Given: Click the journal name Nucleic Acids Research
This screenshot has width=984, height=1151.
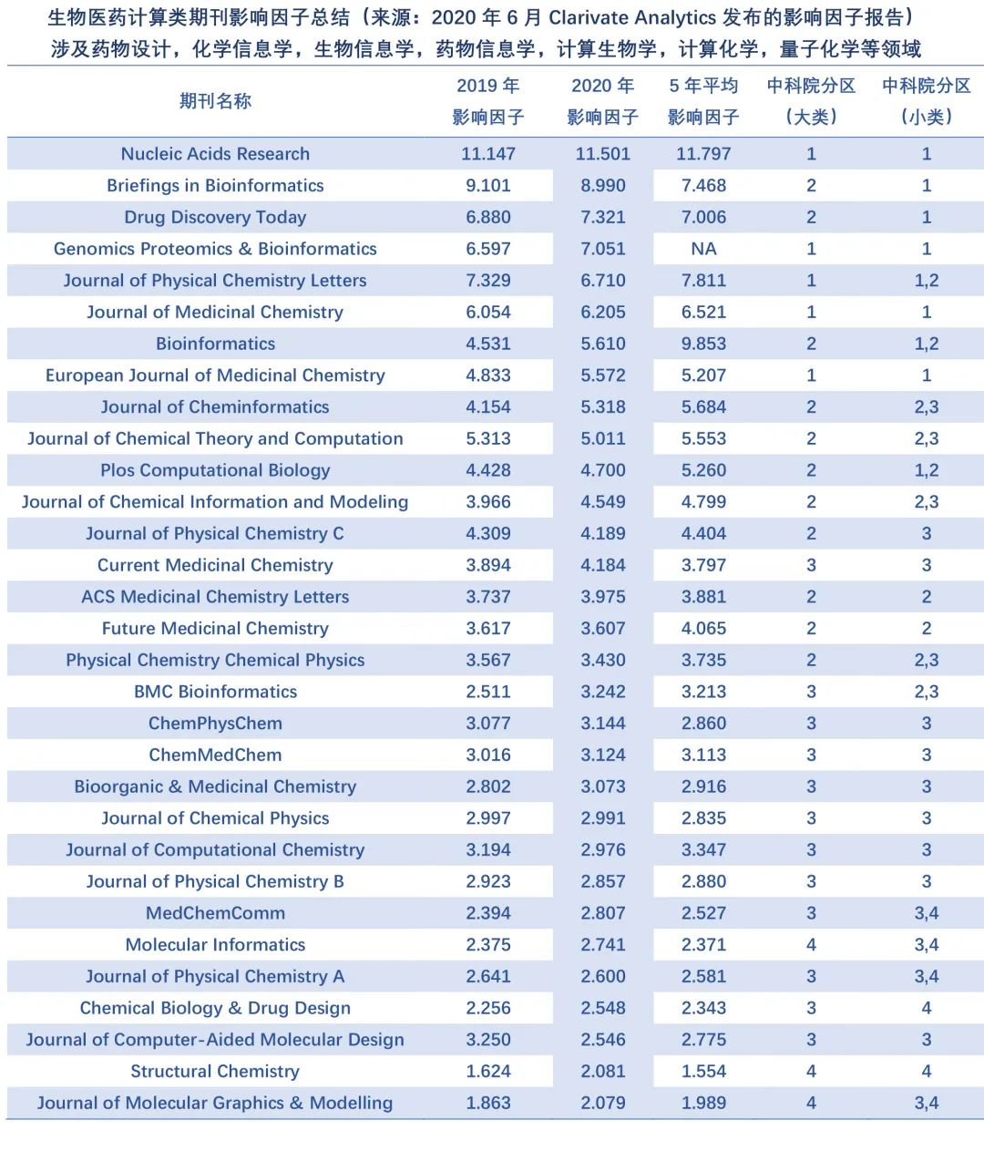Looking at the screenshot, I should click(x=215, y=154).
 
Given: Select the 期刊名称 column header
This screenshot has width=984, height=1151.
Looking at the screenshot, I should click(x=215, y=101).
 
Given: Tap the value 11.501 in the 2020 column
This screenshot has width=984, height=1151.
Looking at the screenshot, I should click(x=602, y=154).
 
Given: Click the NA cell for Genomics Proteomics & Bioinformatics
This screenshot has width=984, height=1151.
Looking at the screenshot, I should click(x=703, y=249).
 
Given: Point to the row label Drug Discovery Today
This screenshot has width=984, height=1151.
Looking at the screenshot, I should click(x=215, y=217).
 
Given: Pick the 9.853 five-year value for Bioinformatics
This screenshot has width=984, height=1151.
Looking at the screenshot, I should click(x=703, y=344).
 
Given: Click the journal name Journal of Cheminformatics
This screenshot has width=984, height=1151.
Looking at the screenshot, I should click(x=215, y=407).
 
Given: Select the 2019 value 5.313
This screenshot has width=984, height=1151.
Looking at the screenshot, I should click(x=488, y=438).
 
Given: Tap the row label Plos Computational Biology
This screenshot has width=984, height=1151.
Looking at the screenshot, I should click(x=215, y=470).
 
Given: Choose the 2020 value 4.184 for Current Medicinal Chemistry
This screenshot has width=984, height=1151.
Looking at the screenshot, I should click(x=602, y=565).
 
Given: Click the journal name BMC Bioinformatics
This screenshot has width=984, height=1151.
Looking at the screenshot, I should click(x=215, y=692).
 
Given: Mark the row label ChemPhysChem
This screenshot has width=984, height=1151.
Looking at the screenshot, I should click(x=215, y=724).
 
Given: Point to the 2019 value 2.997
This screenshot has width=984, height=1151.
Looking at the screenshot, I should click(x=488, y=818).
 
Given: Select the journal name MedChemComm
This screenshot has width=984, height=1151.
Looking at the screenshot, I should click(x=215, y=913).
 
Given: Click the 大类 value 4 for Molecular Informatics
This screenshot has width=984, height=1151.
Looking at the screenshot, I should click(x=811, y=945).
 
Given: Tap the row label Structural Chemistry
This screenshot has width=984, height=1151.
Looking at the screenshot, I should click(x=215, y=1072).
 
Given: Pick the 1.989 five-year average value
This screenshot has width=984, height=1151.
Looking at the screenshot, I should click(x=703, y=1103).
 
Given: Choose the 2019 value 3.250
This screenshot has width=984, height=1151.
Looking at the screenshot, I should click(x=488, y=1040).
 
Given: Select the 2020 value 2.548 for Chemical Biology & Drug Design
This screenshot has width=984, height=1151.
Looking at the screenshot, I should click(x=602, y=1008).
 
